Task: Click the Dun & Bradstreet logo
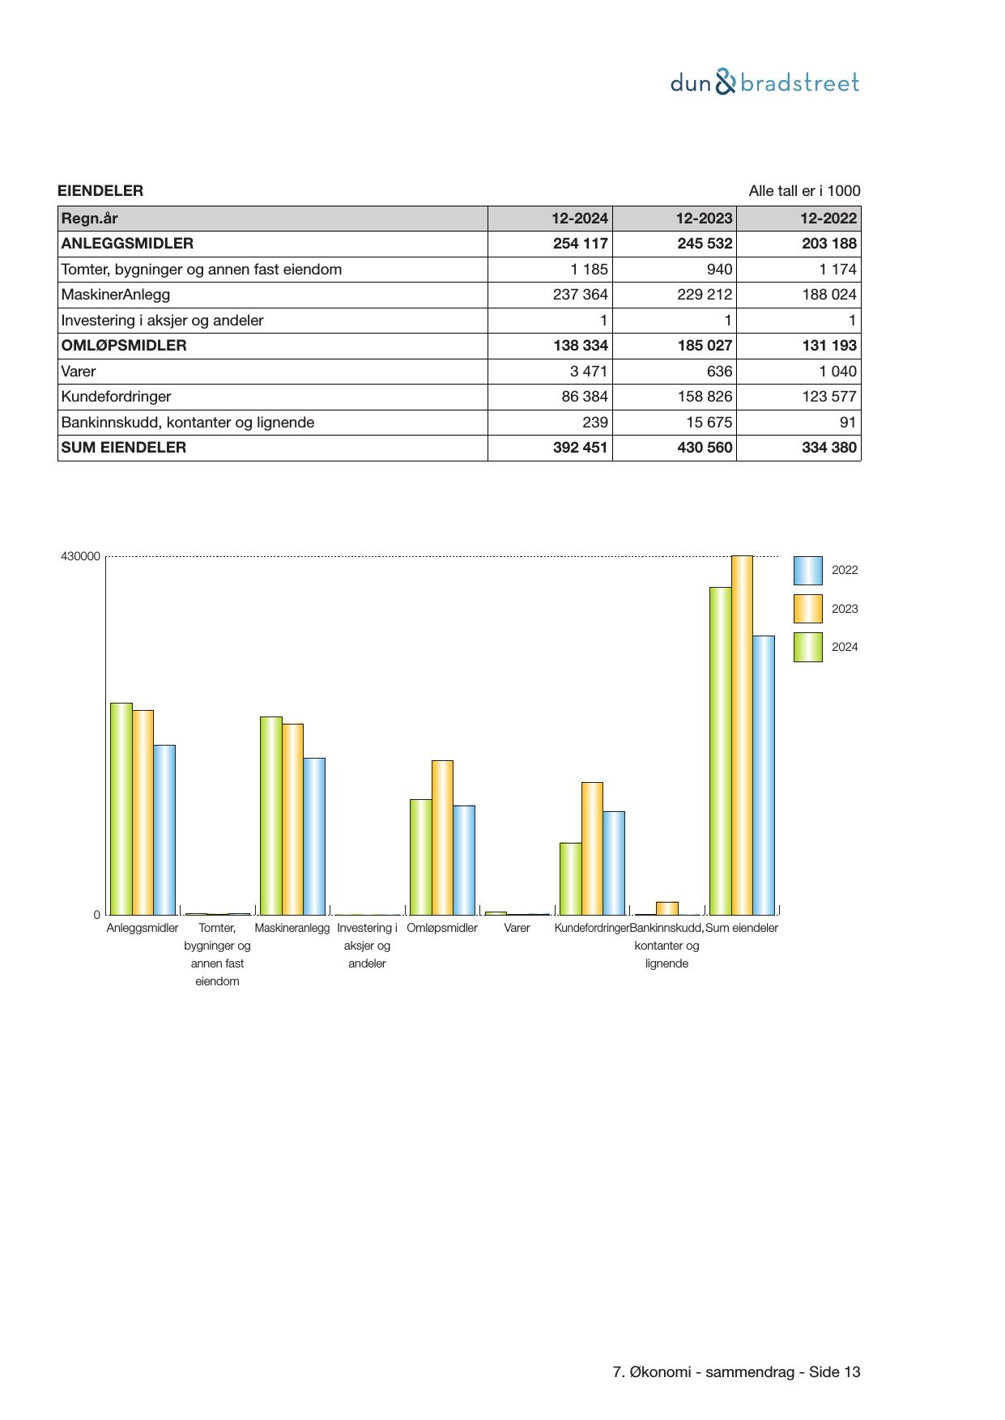click(764, 83)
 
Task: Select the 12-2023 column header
click(704, 218)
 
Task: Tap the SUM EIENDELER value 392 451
click(580, 448)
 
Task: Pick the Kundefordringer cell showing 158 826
click(704, 397)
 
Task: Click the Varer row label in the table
click(79, 372)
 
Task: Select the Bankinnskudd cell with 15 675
click(704, 423)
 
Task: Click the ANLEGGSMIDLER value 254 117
click(580, 244)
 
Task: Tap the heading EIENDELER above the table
click(100, 191)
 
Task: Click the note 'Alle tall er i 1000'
click(804, 191)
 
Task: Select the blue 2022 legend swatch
click(807, 571)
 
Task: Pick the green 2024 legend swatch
click(807, 648)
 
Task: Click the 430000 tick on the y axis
click(80, 557)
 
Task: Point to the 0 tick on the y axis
click(97, 915)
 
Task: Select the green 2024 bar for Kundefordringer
click(570, 878)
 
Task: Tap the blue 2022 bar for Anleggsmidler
click(164, 830)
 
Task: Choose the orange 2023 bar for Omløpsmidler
click(442, 837)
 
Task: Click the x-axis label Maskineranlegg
click(292, 928)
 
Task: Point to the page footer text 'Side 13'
click(835, 1372)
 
